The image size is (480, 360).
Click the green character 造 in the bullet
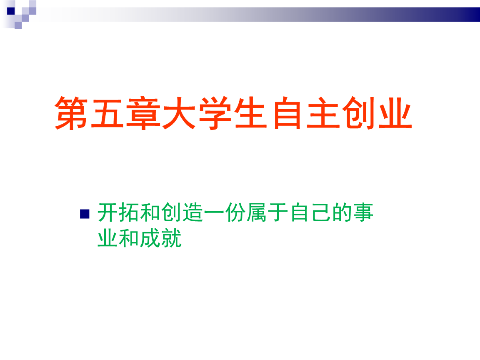193,212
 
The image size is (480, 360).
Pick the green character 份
235,212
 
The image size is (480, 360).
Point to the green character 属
257,212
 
